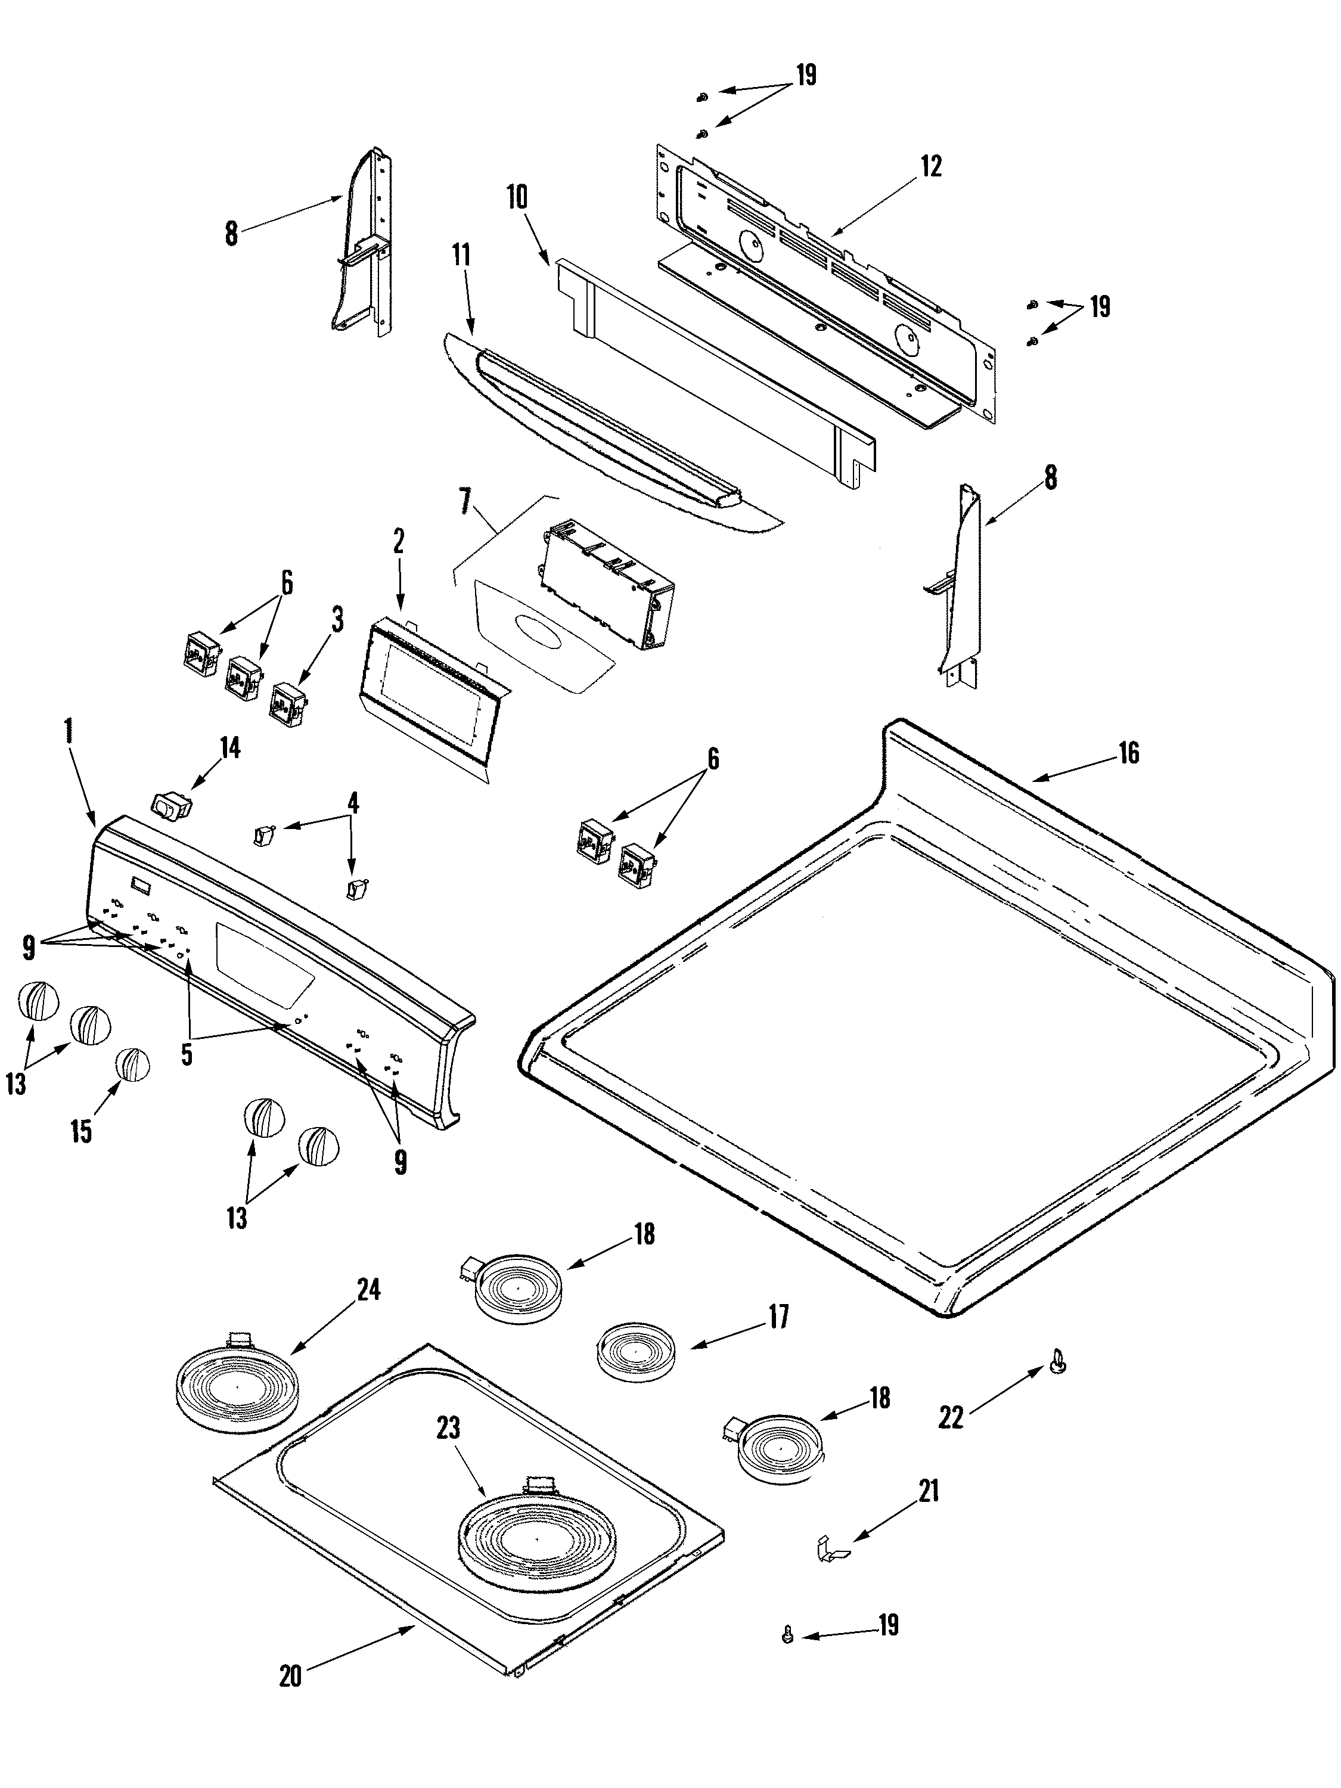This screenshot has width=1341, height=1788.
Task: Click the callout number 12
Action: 930,166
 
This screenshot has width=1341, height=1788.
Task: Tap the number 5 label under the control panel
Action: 187,1055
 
